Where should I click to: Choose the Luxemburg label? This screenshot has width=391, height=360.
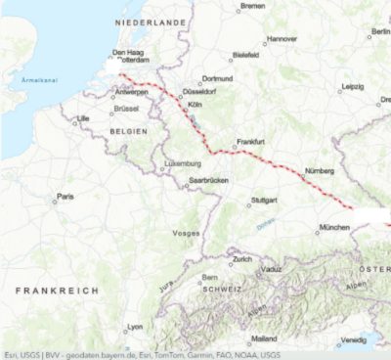[x=183, y=163]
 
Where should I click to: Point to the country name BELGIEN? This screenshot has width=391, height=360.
[x=129, y=130]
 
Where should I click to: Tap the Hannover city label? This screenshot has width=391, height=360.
[x=282, y=39]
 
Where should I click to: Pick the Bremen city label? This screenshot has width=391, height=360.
[x=253, y=6]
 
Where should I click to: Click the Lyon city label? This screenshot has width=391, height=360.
[x=135, y=327]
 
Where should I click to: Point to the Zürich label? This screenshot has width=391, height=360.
[x=241, y=259]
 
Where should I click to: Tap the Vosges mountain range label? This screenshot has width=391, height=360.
[x=186, y=233]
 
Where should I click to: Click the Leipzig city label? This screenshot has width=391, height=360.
[x=353, y=86]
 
